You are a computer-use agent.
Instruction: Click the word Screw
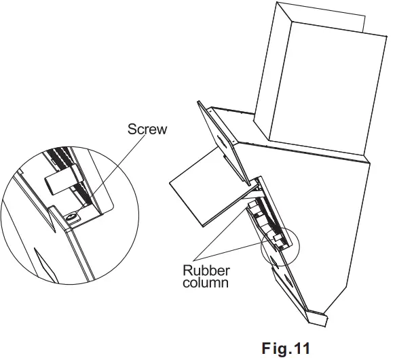(147, 129)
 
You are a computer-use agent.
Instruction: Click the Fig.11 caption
(286, 348)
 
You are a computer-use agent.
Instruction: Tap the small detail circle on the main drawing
(278, 249)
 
